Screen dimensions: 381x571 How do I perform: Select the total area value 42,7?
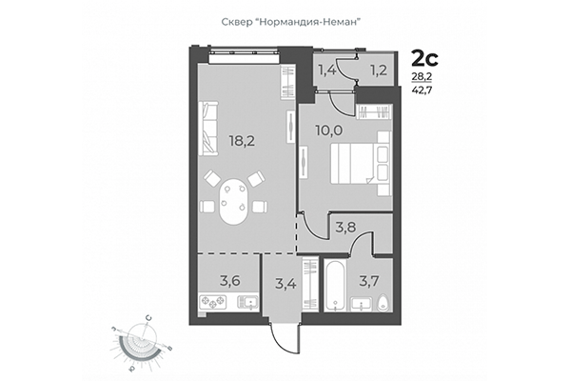point(419,91)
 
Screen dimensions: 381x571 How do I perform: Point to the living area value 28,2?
point(419,78)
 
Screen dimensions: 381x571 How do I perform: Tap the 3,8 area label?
point(344,228)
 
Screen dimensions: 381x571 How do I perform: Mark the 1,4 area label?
point(328,70)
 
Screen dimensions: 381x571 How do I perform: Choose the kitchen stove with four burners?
point(211,304)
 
